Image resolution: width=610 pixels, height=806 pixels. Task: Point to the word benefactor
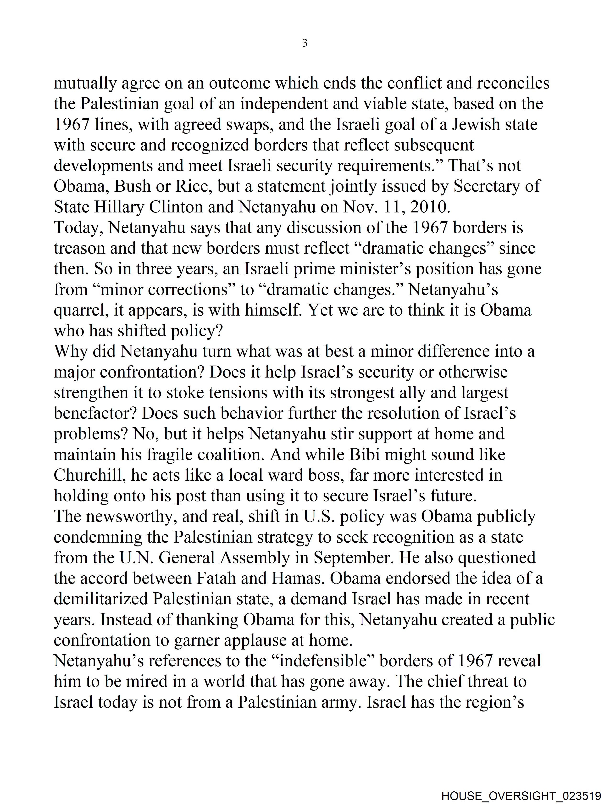(x=95, y=413)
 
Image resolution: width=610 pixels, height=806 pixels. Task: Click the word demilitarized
(x=101, y=599)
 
